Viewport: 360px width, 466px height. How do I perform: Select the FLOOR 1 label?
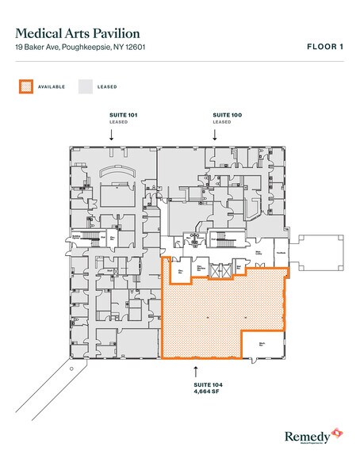324,47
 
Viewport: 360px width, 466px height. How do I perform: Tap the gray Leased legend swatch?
83,86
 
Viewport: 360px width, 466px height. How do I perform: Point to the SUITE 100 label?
227,116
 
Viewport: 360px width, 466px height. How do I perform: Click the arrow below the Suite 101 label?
111,136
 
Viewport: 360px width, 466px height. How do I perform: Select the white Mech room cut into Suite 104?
262,343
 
